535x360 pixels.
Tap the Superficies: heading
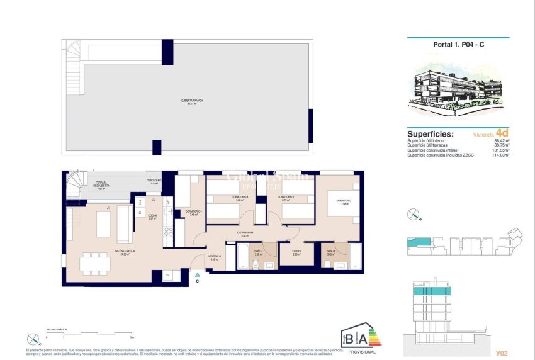click(x=431, y=134)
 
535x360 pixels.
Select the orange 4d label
click(x=502, y=133)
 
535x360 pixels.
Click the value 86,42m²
click(x=500, y=141)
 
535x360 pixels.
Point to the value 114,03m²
click(x=499, y=154)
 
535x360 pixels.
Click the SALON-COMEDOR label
click(x=125, y=250)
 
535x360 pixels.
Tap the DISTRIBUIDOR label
click(x=245, y=232)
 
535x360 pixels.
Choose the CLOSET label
click(x=297, y=252)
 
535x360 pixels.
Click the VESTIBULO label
click(x=215, y=256)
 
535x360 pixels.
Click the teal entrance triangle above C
click(x=197, y=275)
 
